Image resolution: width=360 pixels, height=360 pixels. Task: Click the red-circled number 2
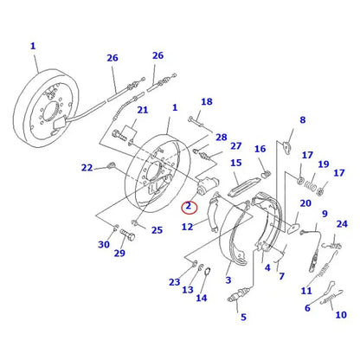point(188,206)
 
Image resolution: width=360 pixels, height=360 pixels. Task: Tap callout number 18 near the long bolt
point(206,102)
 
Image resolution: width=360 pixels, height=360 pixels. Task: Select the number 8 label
point(302,120)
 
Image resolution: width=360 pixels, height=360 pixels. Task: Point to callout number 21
point(142,110)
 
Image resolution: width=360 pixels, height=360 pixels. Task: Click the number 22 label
point(87,168)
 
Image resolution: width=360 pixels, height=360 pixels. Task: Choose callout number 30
point(104,245)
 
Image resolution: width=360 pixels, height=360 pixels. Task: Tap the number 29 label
point(119,253)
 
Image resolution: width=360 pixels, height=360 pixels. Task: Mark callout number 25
point(157,230)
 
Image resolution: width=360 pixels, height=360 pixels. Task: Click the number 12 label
point(187,227)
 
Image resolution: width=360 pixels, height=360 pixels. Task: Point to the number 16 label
point(260,149)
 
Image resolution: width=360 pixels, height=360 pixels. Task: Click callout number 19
point(323,164)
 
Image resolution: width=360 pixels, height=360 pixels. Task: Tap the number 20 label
point(305,203)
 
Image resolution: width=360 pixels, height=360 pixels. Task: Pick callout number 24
point(342,223)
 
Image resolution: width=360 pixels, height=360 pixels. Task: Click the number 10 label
point(339,314)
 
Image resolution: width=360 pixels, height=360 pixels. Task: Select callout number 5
point(243,317)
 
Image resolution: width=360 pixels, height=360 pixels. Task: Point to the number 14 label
point(201,298)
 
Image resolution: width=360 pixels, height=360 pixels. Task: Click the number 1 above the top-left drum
point(33,45)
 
